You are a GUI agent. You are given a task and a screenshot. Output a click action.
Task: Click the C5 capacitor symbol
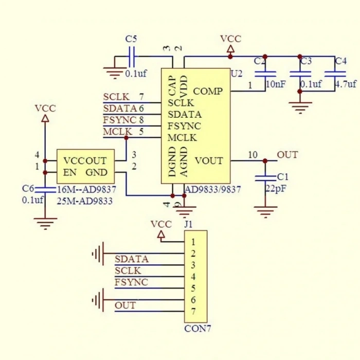pos(132,57)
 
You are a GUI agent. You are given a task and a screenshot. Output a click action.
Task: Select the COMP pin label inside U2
pos(208,91)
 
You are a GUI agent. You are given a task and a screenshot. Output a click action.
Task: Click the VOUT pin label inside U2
pos(209,160)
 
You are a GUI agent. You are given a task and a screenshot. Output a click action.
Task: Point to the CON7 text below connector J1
pos(197,329)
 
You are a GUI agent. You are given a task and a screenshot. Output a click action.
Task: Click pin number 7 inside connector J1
pos(193,312)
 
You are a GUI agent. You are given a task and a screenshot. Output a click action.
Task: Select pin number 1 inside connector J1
pos(193,242)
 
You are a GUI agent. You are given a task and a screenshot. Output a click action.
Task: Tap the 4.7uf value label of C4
pos(346,84)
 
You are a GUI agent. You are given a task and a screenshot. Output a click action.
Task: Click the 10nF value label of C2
pos(276,84)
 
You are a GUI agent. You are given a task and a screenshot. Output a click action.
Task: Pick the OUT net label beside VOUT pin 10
pos(287,155)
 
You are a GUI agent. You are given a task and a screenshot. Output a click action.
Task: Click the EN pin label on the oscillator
pos(69,172)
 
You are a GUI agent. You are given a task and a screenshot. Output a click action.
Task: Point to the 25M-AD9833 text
pos(85,201)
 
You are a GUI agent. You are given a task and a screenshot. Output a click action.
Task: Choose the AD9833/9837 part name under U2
pos(213,190)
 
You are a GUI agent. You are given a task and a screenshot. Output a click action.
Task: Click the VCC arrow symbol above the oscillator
pos(45,118)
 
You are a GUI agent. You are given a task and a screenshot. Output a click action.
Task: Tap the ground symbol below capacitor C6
pos(45,223)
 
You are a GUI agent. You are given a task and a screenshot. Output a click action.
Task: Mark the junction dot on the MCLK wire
pos(126,137)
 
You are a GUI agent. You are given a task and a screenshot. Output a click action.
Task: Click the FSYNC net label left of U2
pos(120,120)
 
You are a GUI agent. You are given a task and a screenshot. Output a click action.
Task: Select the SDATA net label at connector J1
pos(132,259)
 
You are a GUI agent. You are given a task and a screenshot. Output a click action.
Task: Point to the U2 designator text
pos(237,74)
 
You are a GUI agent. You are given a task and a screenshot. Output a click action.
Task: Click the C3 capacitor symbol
pos(300,74)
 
